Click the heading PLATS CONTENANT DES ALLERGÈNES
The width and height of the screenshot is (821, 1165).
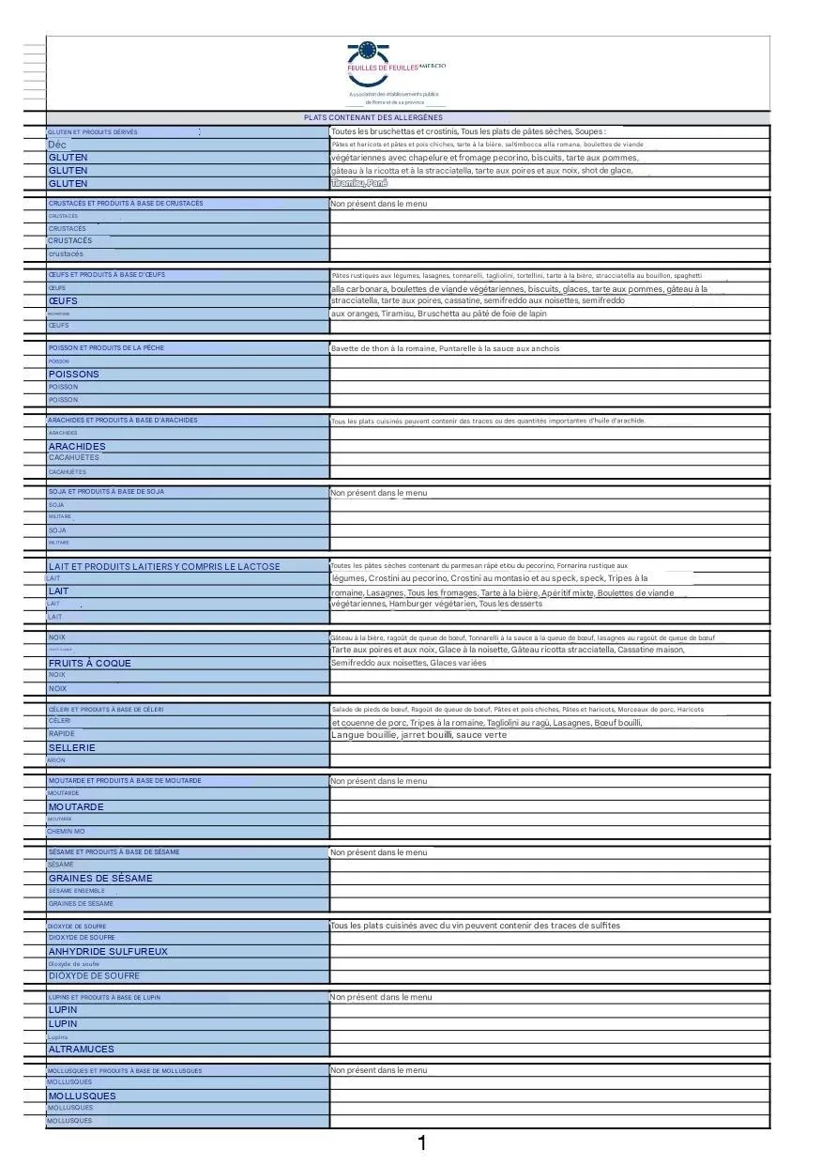(x=373, y=117)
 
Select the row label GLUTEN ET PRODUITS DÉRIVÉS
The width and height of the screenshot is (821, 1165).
(x=93, y=132)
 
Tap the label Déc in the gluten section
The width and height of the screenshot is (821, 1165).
(x=57, y=145)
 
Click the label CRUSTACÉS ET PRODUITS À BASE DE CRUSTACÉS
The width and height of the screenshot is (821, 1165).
(x=126, y=203)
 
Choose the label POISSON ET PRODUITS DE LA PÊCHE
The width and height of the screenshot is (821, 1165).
(x=106, y=347)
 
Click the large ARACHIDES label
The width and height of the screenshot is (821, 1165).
(x=77, y=446)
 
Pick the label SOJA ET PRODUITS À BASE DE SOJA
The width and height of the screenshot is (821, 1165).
(x=106, y=491)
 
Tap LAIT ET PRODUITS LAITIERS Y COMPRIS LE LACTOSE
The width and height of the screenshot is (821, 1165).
(x=164, y=566)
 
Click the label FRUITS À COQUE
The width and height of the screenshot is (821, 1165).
(x=90, y=663)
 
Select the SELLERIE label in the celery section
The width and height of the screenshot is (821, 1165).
(x=72, y=747)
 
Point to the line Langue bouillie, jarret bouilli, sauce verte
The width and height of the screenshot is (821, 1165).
(x=418, y=735)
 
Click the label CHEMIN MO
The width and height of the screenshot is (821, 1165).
(x=67, y=831)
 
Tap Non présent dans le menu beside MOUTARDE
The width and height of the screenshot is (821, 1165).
(x=378, y=781)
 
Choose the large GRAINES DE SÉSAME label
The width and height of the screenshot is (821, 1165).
(x=100, y=878)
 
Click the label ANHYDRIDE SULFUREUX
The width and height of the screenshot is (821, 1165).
(x=108, y=951)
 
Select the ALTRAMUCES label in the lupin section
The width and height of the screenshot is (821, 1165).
(x=82, y=1049)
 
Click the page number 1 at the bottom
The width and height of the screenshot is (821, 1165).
(x=422, y=1142)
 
